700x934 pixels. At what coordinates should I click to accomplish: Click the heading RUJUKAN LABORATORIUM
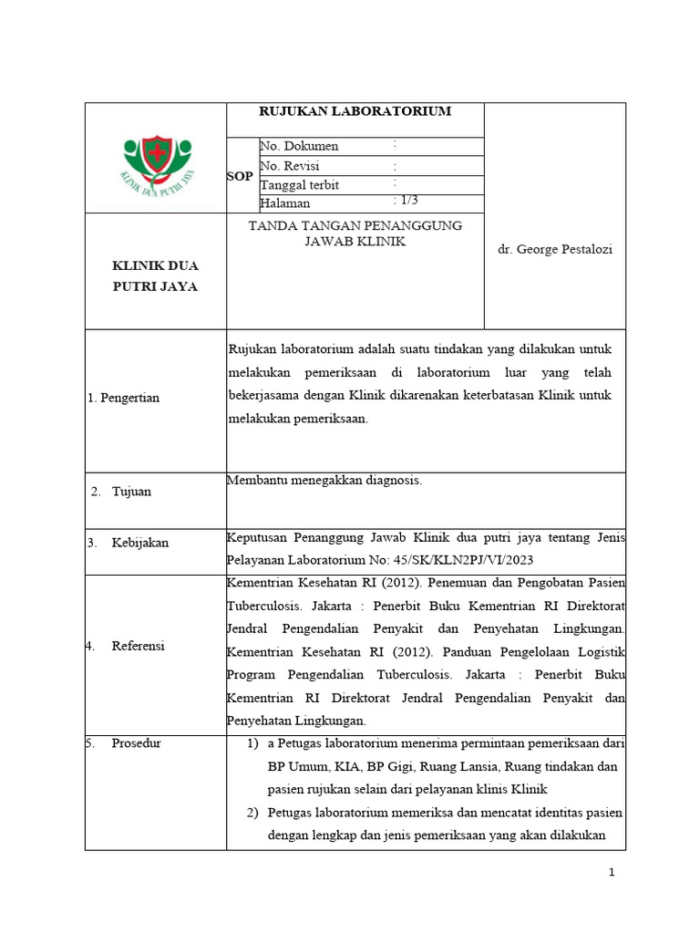355,111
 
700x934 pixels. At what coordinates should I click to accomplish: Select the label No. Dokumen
300,146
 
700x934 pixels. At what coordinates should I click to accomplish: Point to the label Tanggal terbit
300,185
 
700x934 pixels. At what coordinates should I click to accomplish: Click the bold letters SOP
240,175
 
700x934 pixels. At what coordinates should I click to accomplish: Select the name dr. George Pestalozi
555,250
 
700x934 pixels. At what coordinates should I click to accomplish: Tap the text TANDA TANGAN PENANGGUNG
355,225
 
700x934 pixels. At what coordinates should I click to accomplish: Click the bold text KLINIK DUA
155,265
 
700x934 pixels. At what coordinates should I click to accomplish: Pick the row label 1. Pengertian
123,398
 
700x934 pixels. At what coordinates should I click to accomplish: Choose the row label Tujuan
131,492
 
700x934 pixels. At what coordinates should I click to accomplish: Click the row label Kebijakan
139,543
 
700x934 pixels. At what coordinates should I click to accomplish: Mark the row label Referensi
138,646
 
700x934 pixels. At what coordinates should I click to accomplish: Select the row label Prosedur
136,742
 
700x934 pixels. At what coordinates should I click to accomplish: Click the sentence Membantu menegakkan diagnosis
324,481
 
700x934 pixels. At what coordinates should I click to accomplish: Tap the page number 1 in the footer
612,873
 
